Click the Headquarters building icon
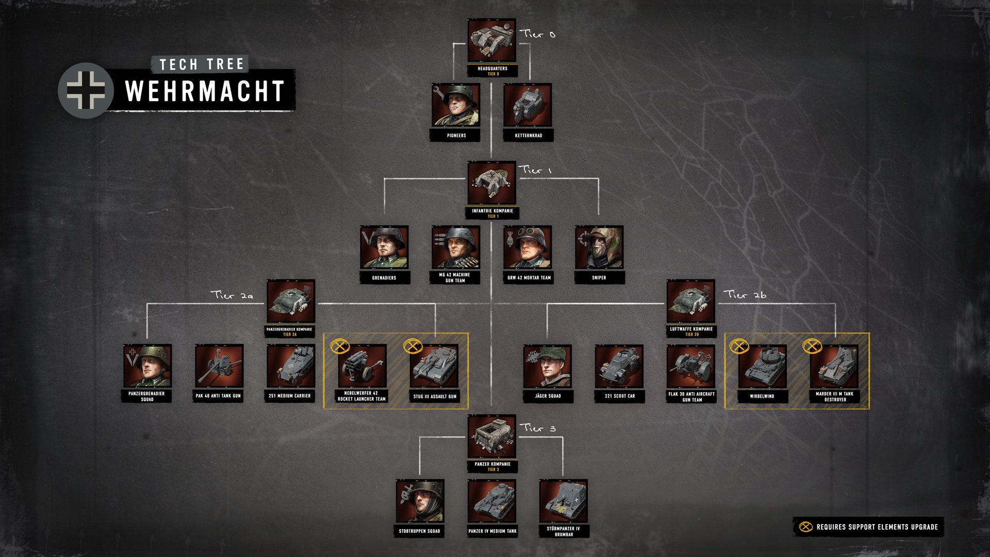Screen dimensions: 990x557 tap(492, 41)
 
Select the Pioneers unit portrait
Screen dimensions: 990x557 tap(456, 106)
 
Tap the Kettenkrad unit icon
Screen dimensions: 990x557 tap(527, 106)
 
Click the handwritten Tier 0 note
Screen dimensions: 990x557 tap(538, 34)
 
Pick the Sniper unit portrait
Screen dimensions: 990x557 tap(599, 248)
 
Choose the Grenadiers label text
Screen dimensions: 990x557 tap(384, 278)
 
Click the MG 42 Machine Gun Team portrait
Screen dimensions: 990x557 tap(456, 248)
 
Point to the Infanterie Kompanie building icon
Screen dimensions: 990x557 tap(492, 183)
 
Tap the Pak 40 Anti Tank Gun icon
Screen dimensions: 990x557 tap(219, 366)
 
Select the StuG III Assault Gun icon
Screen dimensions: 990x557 tap(434, 366)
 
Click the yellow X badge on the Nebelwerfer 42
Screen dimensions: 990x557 tap(340, 346)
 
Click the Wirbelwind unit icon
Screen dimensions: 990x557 tap(762, 366)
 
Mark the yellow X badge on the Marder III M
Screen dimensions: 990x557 tap(812, 346)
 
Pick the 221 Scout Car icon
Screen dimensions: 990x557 tap(619, 366)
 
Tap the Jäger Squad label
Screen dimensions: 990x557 tap(548, 396)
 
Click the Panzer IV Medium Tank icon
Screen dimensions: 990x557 tap(492, 501)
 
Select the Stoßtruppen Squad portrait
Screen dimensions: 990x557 tap(420, 501)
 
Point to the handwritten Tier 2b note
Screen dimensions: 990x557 tap(745, 294)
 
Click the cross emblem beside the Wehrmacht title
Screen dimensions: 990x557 tap(86, 91)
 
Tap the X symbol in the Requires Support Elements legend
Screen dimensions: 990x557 tap(805, 527)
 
